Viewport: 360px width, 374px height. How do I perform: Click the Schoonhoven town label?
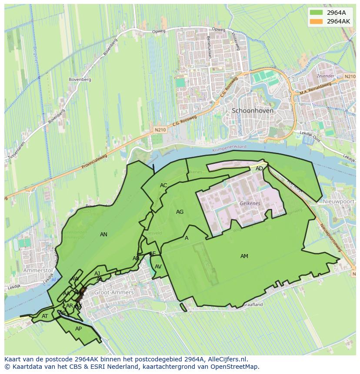[253, 111]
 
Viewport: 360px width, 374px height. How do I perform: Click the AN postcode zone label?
[103, 235]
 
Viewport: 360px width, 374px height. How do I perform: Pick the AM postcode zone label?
[244, 256]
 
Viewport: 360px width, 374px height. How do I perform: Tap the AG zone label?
[180, 212]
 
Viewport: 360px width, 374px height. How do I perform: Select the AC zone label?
[163, 185]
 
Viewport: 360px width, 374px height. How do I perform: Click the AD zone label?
[259, 169]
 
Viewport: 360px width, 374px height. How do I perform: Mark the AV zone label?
[158, 267]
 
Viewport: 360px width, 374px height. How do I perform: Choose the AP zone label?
[78, 329]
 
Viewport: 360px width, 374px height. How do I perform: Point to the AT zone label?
[45, 316]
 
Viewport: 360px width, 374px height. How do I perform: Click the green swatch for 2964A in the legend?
[317, 13]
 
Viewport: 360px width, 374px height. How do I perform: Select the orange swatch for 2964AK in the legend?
[317, 21]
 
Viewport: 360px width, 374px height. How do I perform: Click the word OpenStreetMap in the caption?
[237, 367]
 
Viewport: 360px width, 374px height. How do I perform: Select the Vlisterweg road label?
[236, 42]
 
